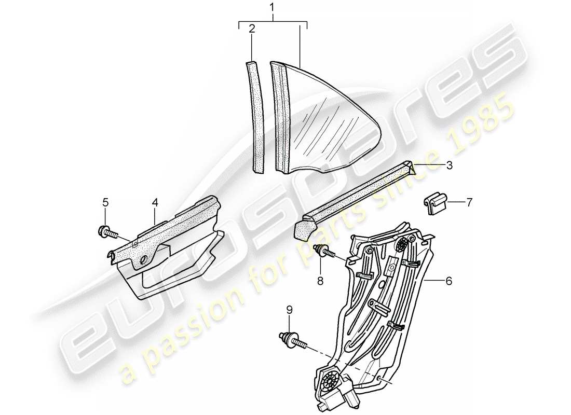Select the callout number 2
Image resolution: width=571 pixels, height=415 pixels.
(252, 29)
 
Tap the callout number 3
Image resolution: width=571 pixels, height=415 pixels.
(449, 165)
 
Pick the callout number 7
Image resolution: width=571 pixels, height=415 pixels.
(469, 203)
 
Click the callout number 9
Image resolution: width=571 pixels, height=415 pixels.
(290, 310)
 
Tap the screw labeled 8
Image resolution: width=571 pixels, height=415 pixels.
(322, 251)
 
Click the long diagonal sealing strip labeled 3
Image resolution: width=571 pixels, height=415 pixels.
(358, 197)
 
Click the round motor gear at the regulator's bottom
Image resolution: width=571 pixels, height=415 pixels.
(329, 383)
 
